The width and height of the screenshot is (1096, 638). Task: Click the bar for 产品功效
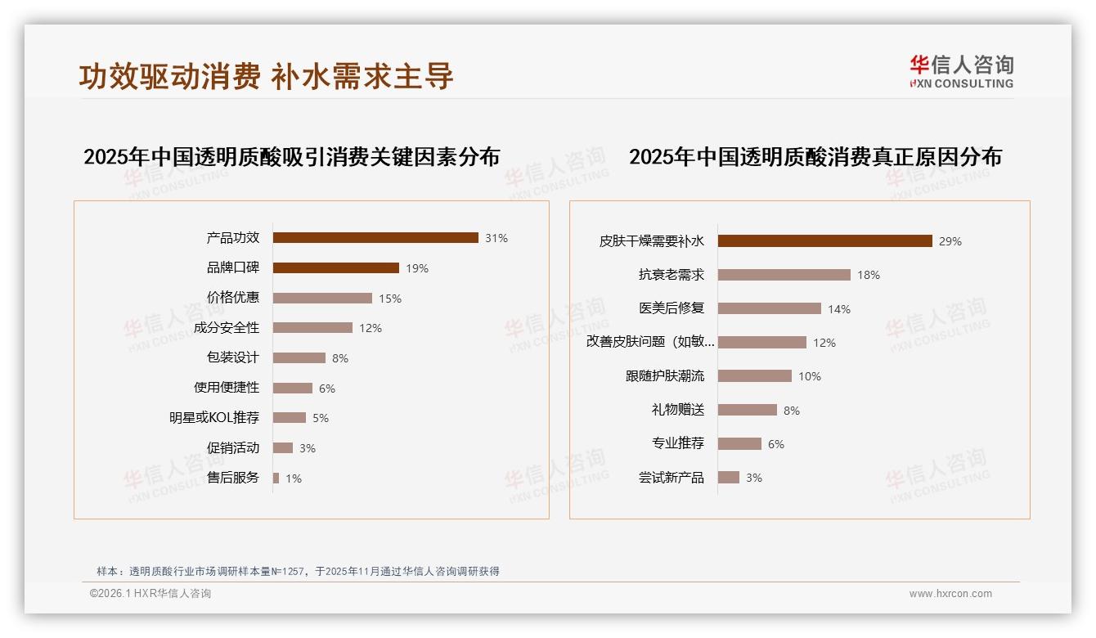[375, 238]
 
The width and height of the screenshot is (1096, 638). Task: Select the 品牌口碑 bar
[335, 268]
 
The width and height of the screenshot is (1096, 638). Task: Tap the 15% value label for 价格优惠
[390, 299]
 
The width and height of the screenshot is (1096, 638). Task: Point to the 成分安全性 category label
[227, 328]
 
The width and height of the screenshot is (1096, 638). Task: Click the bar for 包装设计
[299, 358]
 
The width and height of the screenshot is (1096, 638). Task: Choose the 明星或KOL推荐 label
[214, 418]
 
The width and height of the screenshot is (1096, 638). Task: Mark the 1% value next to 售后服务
[294, 478]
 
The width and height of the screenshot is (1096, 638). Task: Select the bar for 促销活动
[283, 448]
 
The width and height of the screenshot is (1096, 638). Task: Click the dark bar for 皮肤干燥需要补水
[824, 241]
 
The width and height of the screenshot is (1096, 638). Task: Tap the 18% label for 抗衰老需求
[869, 276]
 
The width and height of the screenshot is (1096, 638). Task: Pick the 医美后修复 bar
[770, 309]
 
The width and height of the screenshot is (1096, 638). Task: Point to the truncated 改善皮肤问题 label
[650, 343]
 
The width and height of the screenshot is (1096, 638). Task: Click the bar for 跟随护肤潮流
[755, 376]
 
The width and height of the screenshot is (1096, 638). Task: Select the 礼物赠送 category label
[677, 410]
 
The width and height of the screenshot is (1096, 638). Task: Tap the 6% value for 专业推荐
[776, 444]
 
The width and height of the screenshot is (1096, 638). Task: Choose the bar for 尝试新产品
[729, 478]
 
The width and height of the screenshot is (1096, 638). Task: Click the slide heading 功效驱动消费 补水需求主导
[267, 76]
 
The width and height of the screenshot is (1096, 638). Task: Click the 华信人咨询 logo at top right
[961, 71]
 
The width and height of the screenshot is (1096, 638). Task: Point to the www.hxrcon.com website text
[950, 594]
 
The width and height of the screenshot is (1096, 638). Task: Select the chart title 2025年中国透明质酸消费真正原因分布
[815, 157]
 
